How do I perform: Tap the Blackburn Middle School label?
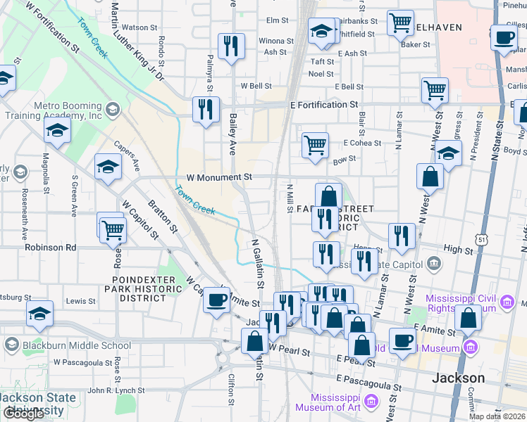click(x=75, y=345)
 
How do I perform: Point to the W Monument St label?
click(x=218, y=178)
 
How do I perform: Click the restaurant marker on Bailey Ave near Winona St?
click(x=231, y=46)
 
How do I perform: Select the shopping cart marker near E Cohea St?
click(x=315, y=144)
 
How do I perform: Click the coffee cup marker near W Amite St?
click(x=216, y=299)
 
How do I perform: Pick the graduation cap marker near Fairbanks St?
click(x=322, y=31)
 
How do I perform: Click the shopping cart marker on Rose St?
click(x=113, y=229)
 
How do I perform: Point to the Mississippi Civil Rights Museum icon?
click(x=506, y=303)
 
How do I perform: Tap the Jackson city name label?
click(x=458, y=378)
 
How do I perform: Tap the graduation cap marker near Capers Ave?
click(x=108, y=167)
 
